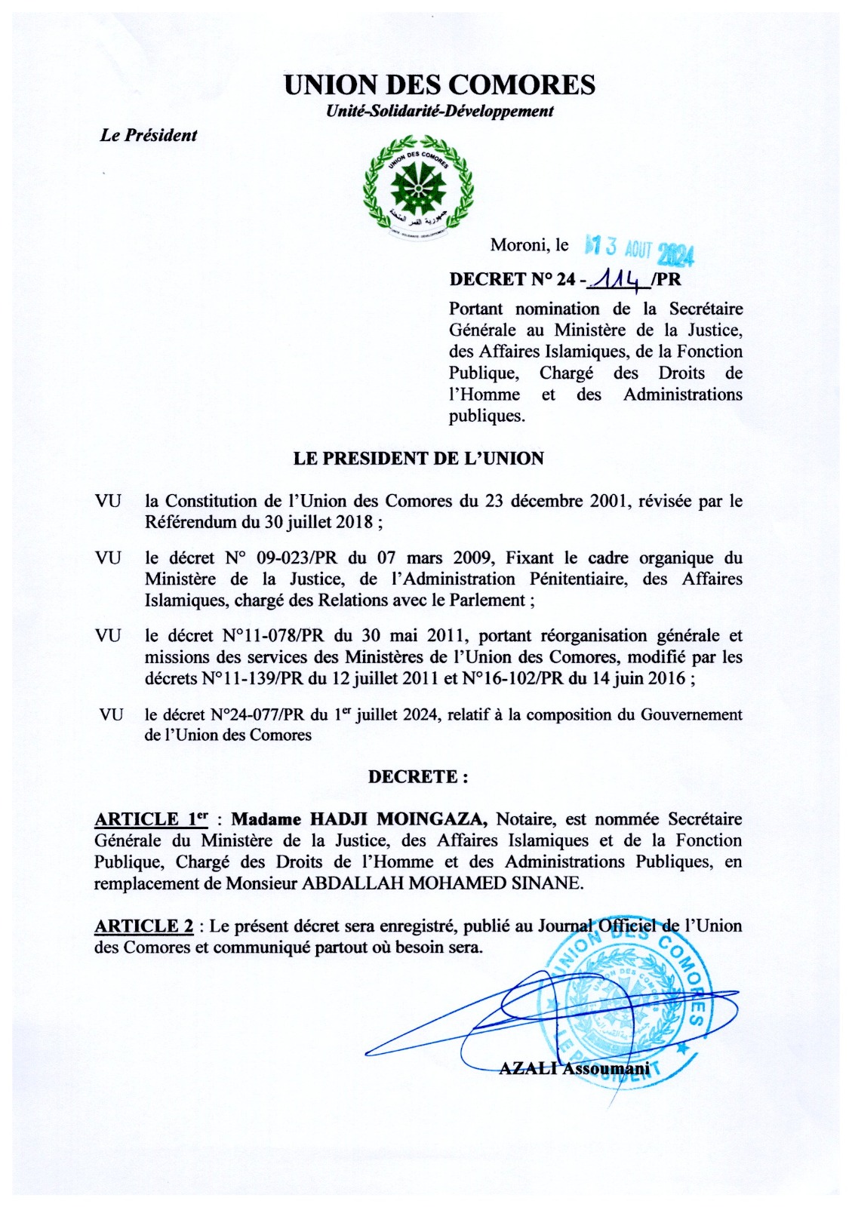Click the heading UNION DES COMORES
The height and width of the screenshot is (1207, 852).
point(439,84)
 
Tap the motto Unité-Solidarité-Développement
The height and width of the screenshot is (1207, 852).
point(439,111)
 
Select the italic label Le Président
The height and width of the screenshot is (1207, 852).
point(148,136)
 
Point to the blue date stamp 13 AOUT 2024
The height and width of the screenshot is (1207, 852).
point(640,249)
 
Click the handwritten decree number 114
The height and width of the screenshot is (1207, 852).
point(617,280)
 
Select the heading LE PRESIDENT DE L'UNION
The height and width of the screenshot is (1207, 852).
point(418,459)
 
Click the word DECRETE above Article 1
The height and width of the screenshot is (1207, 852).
point(413,777)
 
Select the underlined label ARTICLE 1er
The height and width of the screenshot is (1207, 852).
point(151,819)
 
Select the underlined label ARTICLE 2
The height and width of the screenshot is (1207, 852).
point(143,926)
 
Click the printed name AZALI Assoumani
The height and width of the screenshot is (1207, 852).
point(574,1068)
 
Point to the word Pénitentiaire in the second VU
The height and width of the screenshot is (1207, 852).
point(581,579)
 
